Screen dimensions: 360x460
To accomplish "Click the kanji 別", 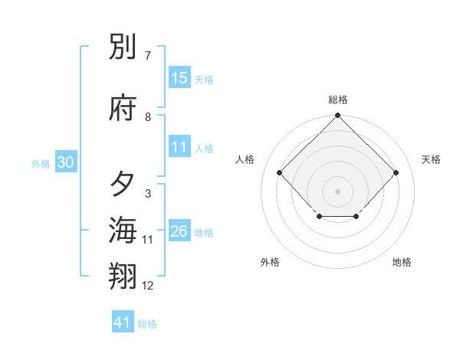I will tap(123, 47).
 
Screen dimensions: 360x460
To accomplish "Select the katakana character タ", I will tap(123, 185).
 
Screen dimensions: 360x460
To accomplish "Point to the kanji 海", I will tap(123, 229).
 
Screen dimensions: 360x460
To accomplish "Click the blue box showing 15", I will tap(179, 78).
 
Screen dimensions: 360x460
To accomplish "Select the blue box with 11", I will tap(179, 148).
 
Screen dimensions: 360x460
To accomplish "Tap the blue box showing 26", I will tap(179, 231).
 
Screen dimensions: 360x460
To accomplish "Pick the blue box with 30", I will tap(65, 162).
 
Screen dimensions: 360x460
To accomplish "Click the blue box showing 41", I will tap(123, 322).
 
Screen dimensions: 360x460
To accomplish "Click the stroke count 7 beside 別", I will tap(147, 56).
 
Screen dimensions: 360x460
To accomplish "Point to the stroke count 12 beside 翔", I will tap(148, 286).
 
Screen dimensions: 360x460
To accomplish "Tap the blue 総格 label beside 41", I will tap(147, 324).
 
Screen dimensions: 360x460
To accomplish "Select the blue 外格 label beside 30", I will tap(41, 163).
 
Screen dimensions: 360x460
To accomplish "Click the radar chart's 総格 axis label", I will tap(338, 100).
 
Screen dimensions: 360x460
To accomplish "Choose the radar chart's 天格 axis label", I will tap(431, 159).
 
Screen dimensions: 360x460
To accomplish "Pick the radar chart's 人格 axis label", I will tap(245, 159).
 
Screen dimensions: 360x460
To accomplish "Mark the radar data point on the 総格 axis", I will tap(337, 116).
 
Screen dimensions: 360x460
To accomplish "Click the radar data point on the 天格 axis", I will tap(396, 172).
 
